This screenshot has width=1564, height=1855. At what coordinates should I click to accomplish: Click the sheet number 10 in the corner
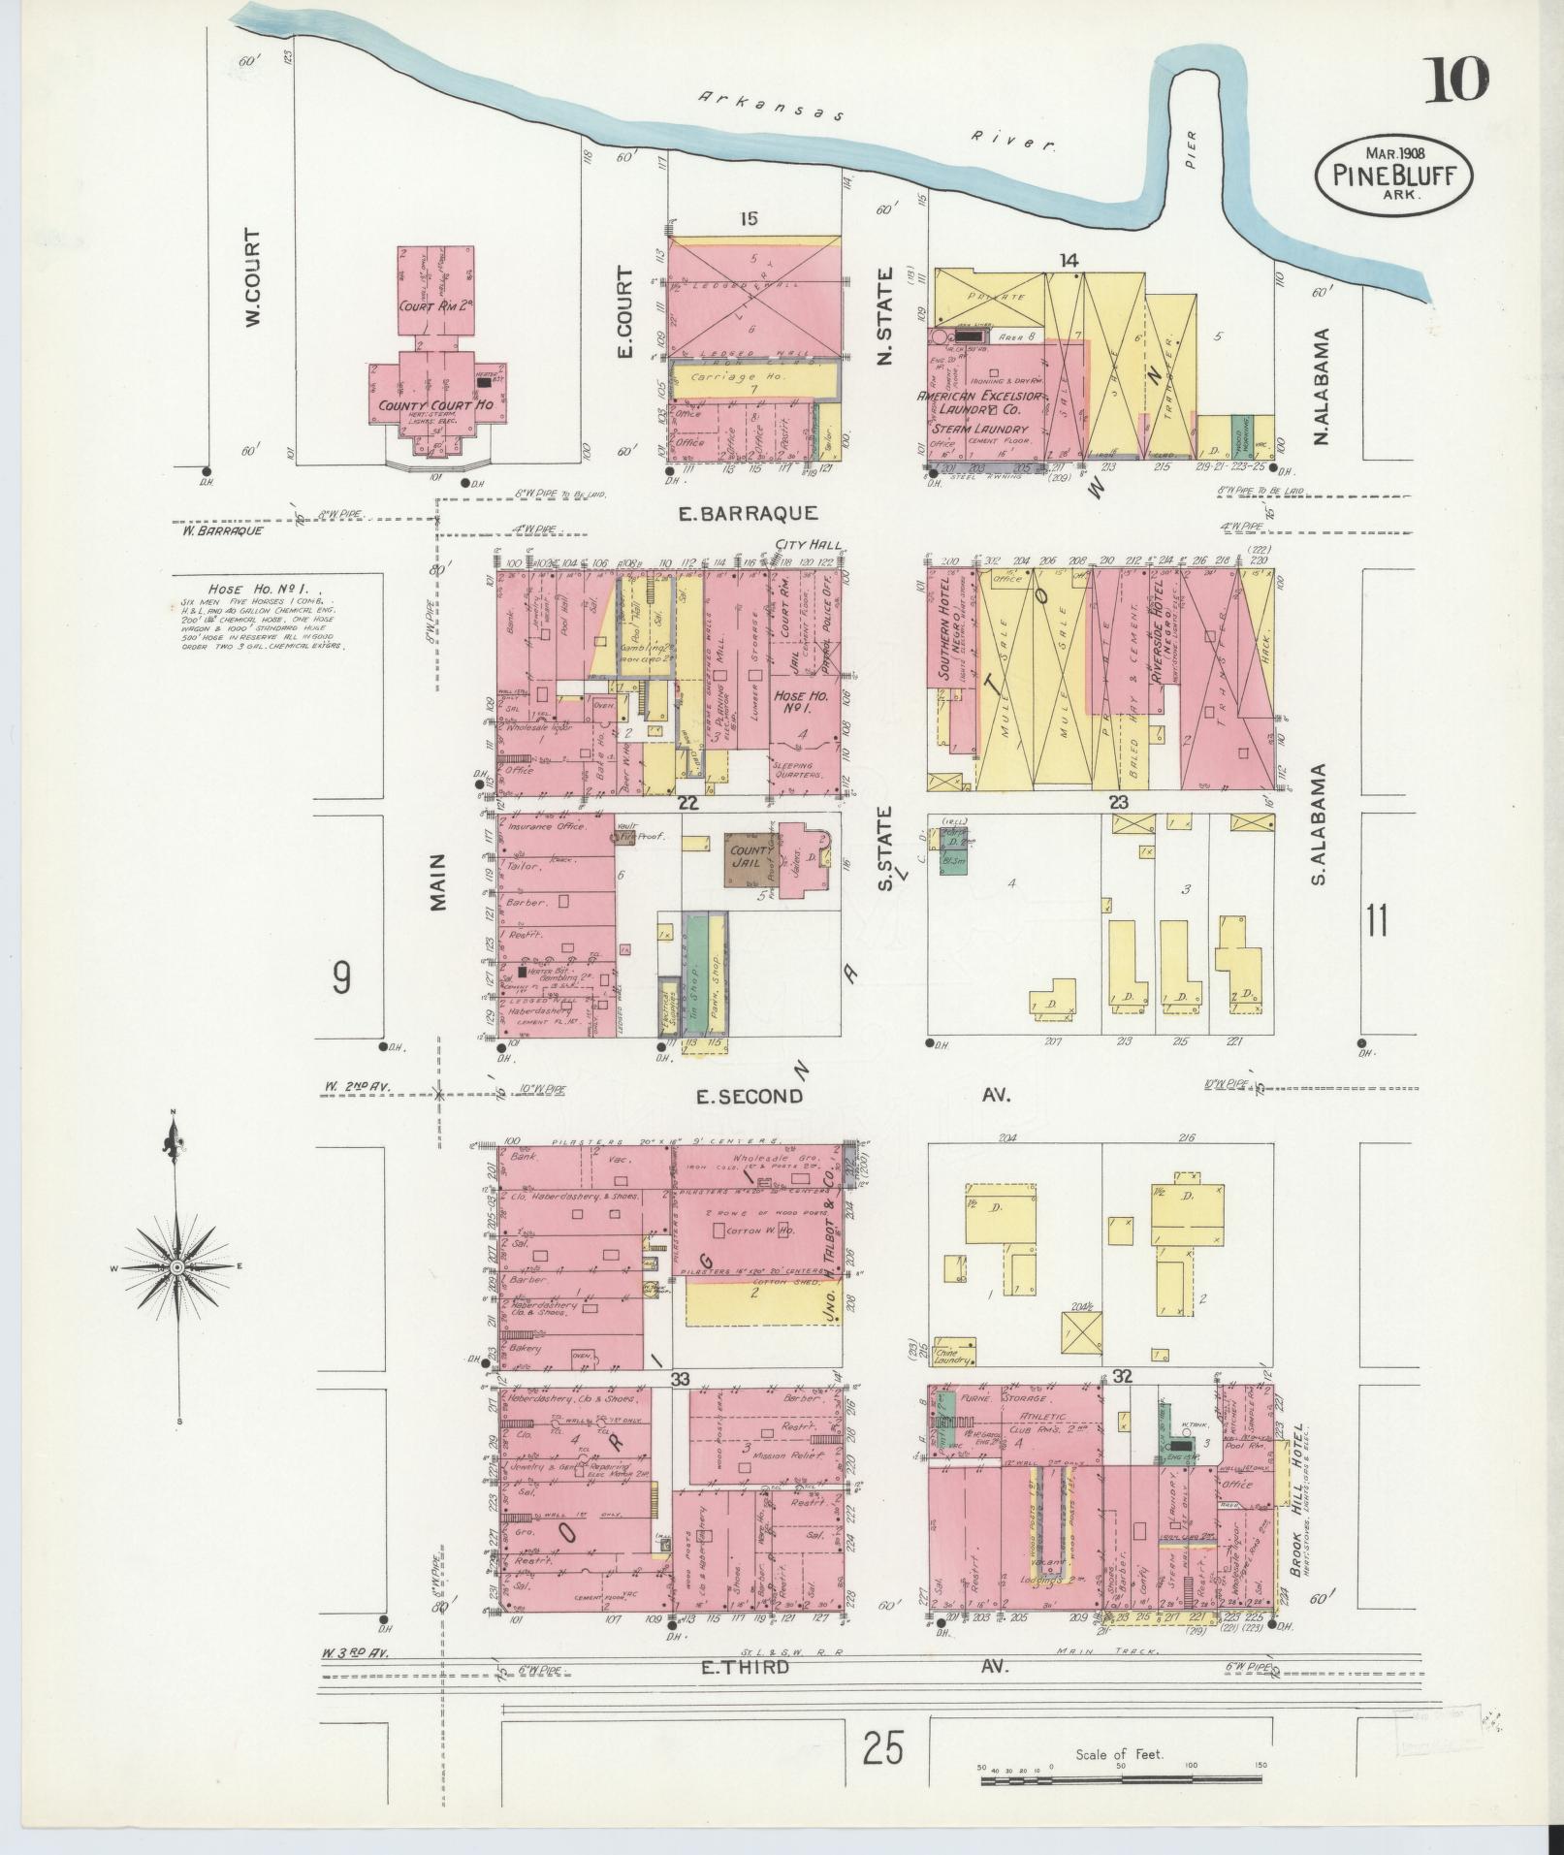coord(1453,80)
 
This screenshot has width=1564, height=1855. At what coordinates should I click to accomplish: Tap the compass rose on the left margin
coord(177,1266)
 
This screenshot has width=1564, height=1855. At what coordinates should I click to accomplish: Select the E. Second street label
coord(750,1096)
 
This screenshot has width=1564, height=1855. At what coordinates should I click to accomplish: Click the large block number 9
coord(341,979)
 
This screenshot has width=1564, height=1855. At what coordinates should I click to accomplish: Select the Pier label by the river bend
coord(1190,162)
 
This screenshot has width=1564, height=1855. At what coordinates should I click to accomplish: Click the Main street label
coord(439,880)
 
